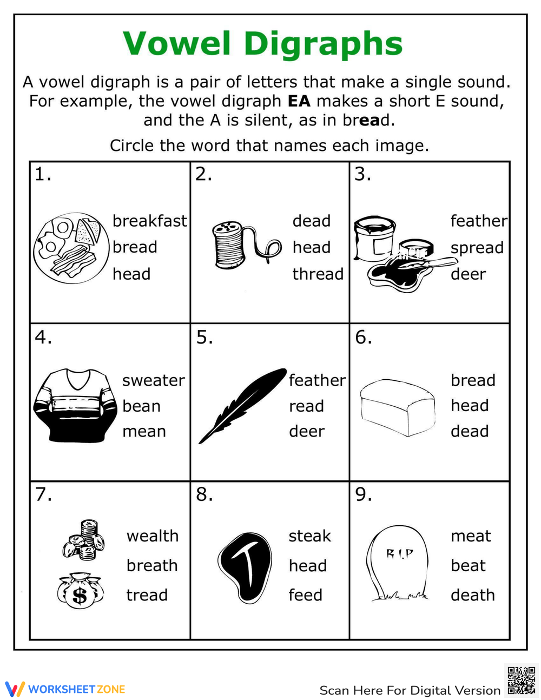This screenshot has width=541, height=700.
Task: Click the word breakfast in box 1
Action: (x=150, y=221)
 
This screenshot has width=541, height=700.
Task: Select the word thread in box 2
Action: (x=318, y=274)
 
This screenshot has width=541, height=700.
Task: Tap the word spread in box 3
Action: (x=477, y=248)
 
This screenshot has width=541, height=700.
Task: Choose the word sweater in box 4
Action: (x=153, y=380)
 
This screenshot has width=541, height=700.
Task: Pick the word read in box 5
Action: (x=306, y=406)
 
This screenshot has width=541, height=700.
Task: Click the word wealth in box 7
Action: (x=153, y=536)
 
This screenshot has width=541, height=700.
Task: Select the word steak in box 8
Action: (x=309, y=536)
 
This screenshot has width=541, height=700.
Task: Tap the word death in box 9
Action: (x=472, y=595)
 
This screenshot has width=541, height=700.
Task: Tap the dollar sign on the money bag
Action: (x=80, y=596)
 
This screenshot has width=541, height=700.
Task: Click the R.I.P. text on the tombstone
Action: (x=399, y=554)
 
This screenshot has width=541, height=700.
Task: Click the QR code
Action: (x=521, y=680)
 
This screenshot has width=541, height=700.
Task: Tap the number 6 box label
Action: (x=364, y=338)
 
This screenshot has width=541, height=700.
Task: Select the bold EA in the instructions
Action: (x=299, y=101)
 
